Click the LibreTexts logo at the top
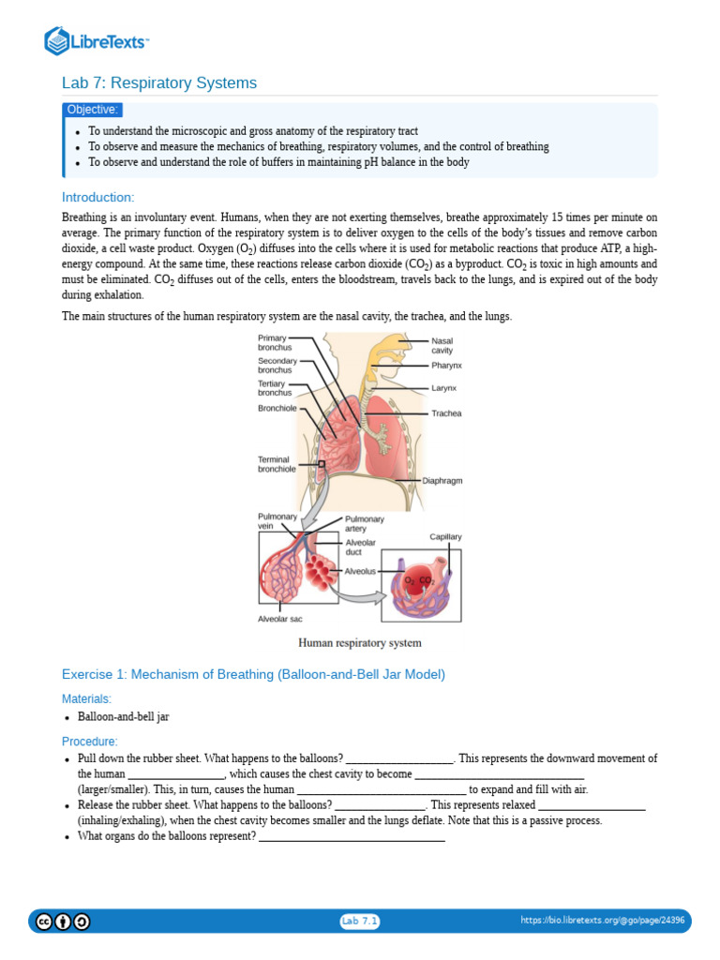pyautogui.click(x=97, y=40)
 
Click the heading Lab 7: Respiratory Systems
pyautogui.click(x=159, y=83)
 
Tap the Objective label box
pyautogui.click(x=93, y=110)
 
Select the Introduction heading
pyautogui.click(x=98, y=197)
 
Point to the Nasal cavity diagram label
pyautogui.click(x=442, y=345)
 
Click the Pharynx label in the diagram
pyautogui.click(x=446, y=365)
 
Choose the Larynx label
pyautogui.click(x=444, y=388)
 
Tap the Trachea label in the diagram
pyautogui.click(x=446, y=413)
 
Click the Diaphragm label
pyautogui.click(x=442, y=481)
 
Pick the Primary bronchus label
pyautogui.click(x=275, y=342)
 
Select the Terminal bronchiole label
pyautogui.click(x=277, y=464)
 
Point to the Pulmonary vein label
pyautogui.click(x=277, y=521)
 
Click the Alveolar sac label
pyautogui.click(x=280, y=620)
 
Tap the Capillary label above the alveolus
pyautogui.click(x=445, y=537)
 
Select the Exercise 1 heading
pyautogui.click(x=253, y=674)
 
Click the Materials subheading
pyautogui.click(x=86, y=698)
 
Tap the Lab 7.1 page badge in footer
pyautogui.click(x=360, y=922)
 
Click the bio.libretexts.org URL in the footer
pyautogui.click(x=603, y=922)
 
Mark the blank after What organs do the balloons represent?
pyautogui.click(x=351, y=837)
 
